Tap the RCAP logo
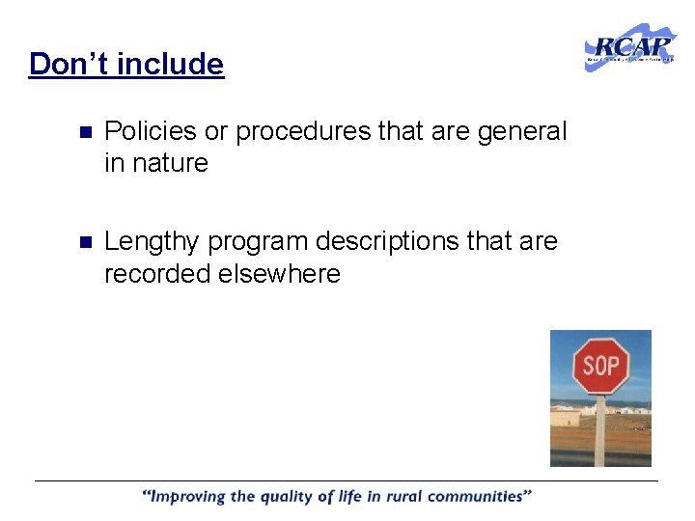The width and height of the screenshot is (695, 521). pos(630,47)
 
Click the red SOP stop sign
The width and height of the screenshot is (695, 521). pos(600,366)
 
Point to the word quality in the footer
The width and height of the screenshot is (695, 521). pos(289,497)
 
